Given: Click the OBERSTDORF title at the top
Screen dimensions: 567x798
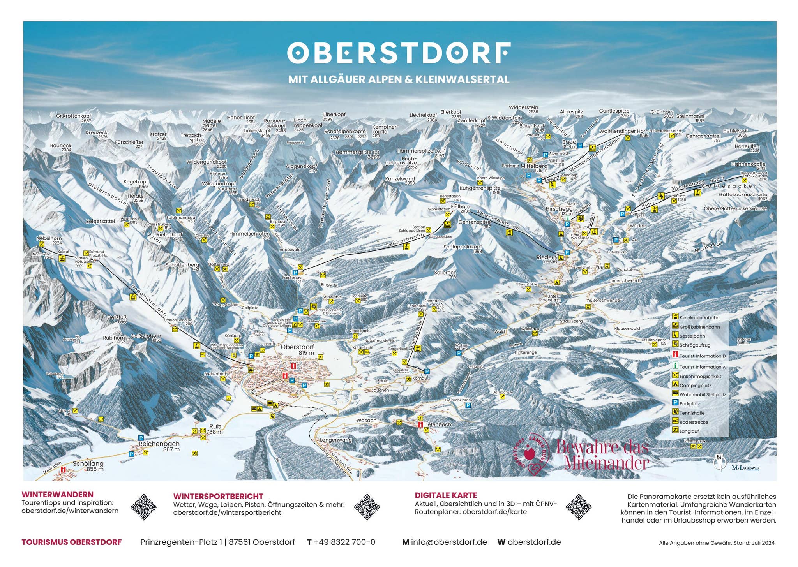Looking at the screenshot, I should click(399, 53).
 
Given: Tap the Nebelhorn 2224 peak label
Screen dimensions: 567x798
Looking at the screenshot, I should click(49, 240).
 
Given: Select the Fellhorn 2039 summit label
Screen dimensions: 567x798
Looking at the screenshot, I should click(461, 208).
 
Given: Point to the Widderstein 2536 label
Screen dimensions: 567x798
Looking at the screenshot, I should click(523, 109).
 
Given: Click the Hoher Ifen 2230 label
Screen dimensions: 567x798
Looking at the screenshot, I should click(747, 148).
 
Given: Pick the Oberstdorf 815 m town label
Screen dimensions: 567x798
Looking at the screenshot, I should click(297, 349).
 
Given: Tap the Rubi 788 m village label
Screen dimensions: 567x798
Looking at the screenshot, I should click(215, 429).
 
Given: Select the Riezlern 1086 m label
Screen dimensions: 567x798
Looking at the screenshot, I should click(547, 259).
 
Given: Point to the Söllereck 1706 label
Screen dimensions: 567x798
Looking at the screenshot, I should click(445, 275).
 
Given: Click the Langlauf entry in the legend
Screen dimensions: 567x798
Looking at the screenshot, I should click(689, 431).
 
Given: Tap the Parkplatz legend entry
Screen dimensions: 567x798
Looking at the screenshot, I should click(689, 404).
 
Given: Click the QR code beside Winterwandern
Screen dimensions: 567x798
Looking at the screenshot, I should click(144, 507).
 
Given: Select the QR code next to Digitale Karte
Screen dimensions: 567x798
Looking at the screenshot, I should click(578, 507).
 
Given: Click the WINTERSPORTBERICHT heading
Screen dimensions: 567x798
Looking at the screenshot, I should click(218, 496).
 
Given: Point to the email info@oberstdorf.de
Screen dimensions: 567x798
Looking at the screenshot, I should click(448, 542).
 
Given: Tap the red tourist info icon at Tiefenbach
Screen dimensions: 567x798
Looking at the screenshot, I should click(420, 425).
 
